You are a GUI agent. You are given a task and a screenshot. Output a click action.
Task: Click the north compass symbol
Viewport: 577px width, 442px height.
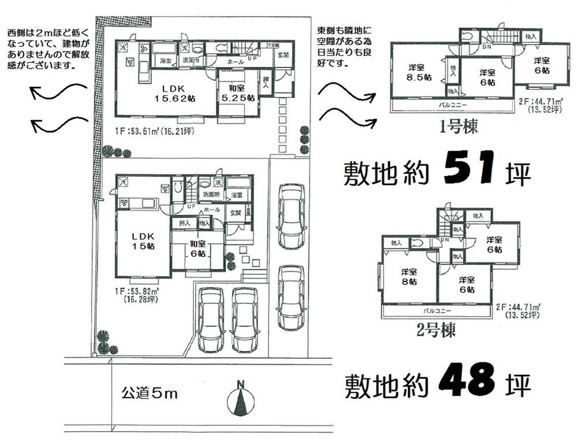[241, 399]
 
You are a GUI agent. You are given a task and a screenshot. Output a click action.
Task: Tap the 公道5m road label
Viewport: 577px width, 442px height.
[149, 395]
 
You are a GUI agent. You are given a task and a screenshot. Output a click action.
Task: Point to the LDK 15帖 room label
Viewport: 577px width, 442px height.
[143, 241]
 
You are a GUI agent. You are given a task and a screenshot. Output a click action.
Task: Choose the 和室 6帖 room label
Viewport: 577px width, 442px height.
[197, 249]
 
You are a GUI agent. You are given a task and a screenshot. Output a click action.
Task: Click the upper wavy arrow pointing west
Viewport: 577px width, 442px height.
[58, 92]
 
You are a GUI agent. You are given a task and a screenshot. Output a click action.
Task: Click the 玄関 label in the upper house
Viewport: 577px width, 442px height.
[283, 55]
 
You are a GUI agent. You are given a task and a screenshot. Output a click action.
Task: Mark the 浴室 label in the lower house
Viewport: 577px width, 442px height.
[237, 195]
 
